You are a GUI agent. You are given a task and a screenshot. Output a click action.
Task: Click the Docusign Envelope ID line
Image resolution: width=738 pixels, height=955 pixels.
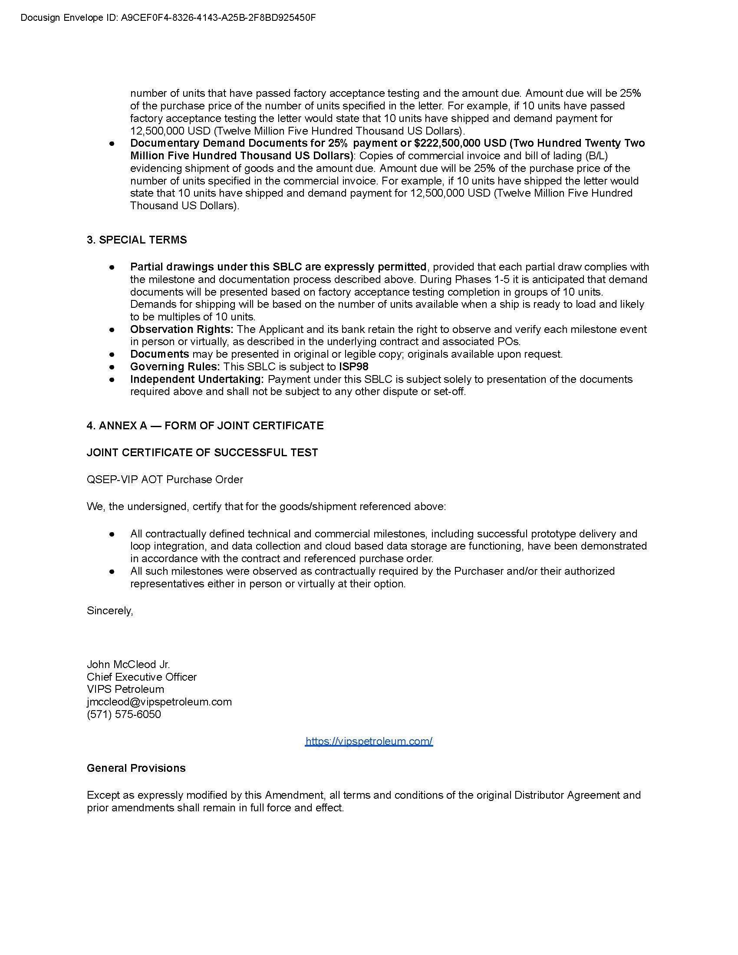tap(168, 18)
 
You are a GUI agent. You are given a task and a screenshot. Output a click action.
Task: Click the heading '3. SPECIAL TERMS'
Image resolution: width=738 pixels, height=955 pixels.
tap(136, 240)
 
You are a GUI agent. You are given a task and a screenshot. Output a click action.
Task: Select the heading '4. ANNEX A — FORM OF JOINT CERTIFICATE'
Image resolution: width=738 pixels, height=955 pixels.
tap(205, 425)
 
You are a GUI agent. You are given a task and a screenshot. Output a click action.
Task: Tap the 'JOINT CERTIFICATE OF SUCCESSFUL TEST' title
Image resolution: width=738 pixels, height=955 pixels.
tap(202, 452)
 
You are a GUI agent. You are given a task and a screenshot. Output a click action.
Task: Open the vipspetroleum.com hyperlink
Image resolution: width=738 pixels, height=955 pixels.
tap(369, 741)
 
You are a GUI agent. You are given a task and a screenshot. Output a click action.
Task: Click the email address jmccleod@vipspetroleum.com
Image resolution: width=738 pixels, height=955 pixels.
tap(159, 701)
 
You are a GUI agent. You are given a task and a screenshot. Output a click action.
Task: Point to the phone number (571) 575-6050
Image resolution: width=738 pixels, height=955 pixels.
tap(124, 714)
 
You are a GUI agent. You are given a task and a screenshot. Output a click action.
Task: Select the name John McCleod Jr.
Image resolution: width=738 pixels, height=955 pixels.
tap(128, 664)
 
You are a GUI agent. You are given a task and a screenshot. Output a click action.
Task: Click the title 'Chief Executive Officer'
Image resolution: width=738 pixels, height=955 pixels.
tap(142, 677)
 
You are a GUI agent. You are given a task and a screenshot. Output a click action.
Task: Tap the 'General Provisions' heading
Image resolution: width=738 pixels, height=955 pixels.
tap(136, 768)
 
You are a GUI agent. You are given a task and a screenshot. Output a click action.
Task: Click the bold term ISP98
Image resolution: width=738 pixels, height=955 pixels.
tap(353, 366)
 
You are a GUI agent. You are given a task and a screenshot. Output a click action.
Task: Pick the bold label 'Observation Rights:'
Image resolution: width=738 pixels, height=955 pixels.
tap(181, 329)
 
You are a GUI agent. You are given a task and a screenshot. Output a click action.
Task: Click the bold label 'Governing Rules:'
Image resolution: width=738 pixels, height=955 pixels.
tap(175, 366)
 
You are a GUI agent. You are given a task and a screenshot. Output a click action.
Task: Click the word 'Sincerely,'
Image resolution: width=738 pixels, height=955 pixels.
tap(110, 610)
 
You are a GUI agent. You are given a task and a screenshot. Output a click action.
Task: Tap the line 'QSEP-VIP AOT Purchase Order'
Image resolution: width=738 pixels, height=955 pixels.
tap(165, 479)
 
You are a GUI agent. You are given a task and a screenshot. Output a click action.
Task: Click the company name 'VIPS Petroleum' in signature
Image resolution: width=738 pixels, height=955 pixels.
tap(125, 689)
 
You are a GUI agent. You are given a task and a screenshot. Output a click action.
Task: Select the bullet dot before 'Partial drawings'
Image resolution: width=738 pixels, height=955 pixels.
tap(112, 267)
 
